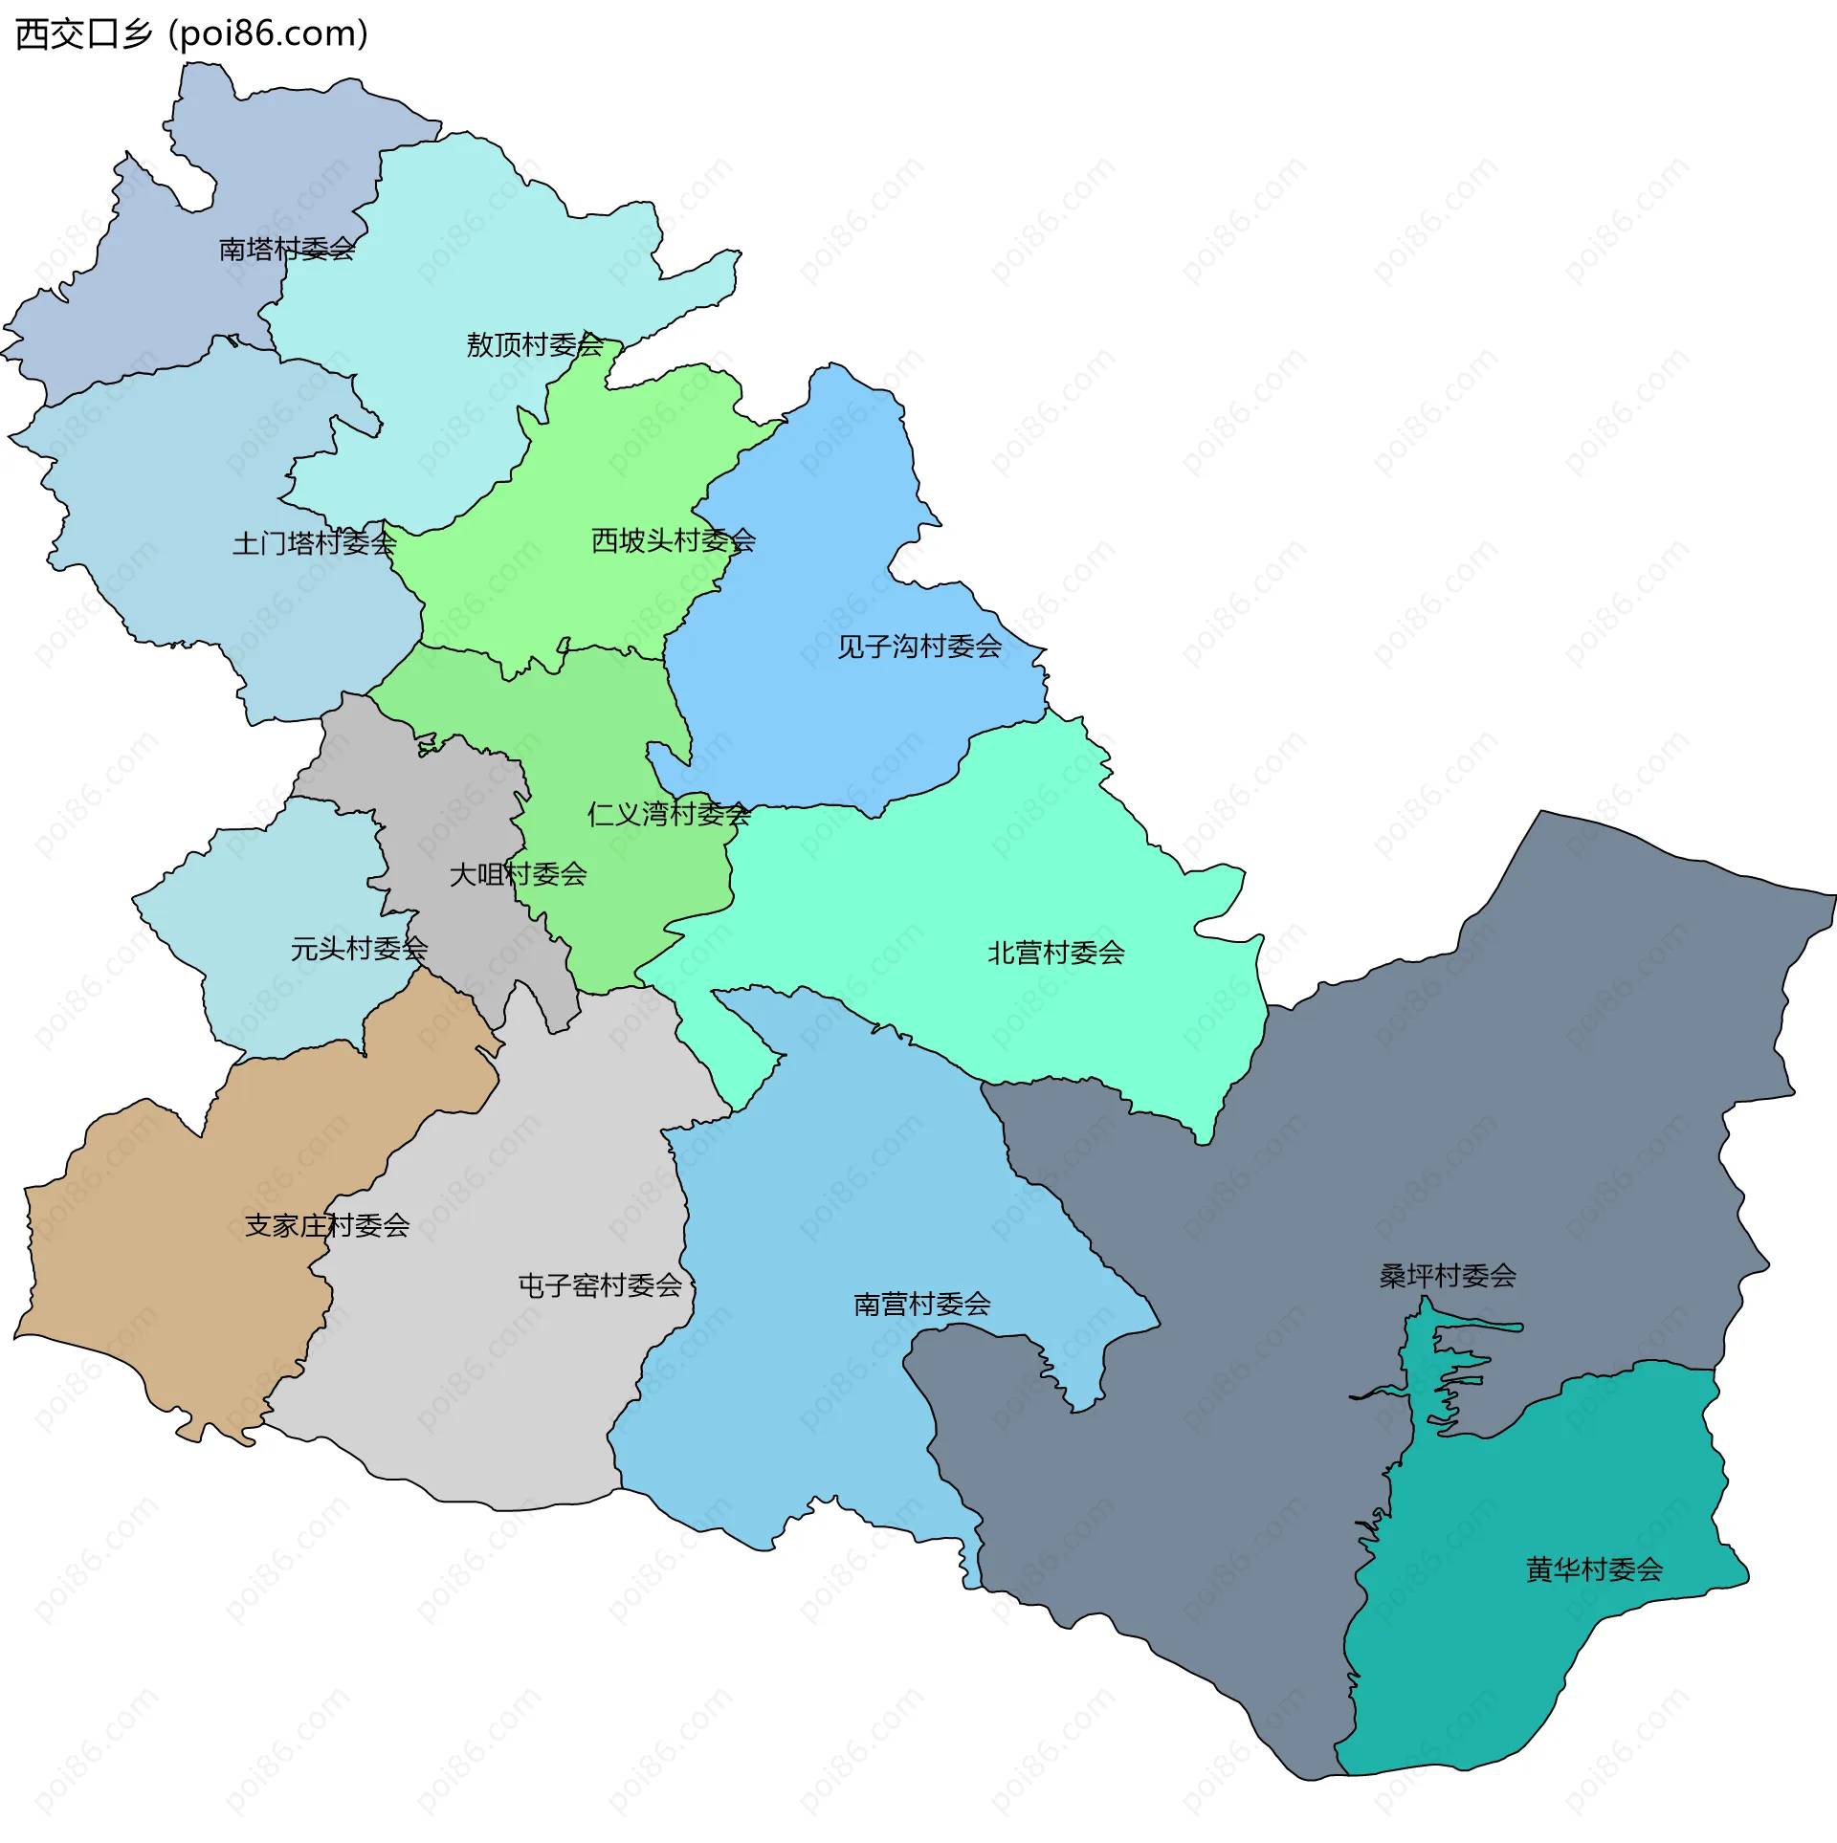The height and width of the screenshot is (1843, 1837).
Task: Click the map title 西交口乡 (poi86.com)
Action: click(191, 34)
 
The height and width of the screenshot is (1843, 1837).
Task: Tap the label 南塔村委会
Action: click(287, 250)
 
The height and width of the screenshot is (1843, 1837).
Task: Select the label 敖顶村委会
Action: click(535, 344)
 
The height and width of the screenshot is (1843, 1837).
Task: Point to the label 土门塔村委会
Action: click(314, 543)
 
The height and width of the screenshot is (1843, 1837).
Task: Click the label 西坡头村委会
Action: click(674, 540)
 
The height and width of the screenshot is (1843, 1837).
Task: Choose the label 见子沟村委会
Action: click(919, 647)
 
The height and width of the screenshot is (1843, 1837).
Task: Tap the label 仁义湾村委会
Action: click(669, 814)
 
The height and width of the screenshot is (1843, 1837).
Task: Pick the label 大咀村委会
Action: click(518, 874)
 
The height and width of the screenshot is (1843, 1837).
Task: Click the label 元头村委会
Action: click(359, 949)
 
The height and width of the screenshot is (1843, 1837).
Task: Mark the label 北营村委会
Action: click(1056, 953)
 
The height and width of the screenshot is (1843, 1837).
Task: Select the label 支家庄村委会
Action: click(327, 1225)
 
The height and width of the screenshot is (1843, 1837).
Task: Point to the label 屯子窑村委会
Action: click(600, 1285)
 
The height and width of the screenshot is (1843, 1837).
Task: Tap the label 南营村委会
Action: click(922, 1304)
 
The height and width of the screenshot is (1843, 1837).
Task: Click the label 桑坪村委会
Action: click(1448, 1275)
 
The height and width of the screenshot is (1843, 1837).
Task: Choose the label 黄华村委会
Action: click(1594, 1569)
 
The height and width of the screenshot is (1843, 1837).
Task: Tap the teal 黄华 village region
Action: click(1531, 1645)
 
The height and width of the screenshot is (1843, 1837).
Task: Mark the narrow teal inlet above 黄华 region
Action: click(1440, 1358)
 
